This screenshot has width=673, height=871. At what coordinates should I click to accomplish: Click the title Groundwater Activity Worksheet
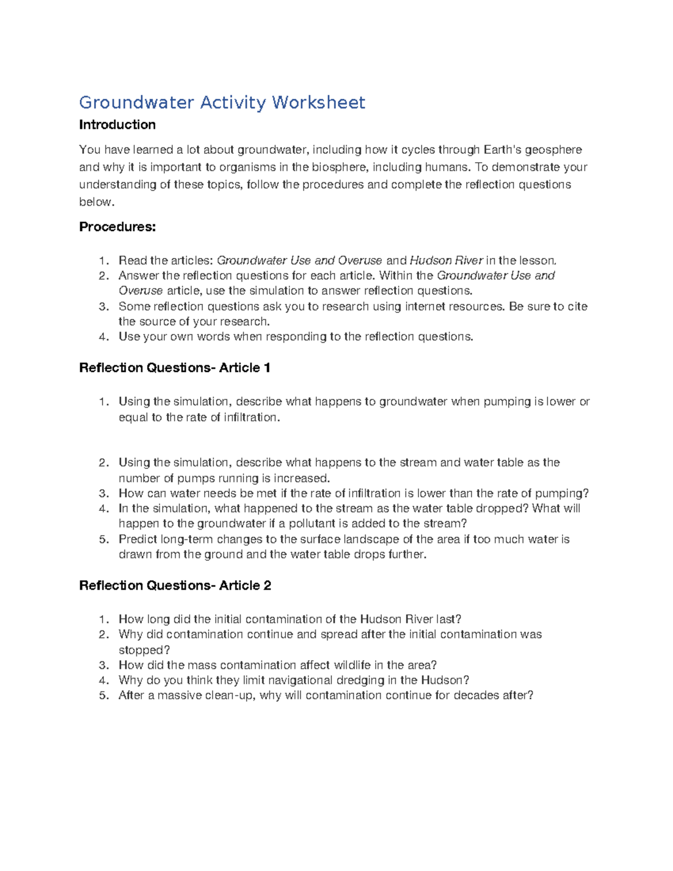(222, 103)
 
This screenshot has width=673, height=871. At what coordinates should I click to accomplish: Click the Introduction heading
(117, 125)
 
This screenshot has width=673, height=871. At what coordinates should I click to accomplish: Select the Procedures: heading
(117, 227)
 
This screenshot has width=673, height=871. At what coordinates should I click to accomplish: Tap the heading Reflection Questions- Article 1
(175, 368)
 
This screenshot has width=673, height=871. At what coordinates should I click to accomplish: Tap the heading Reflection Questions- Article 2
(175, 586)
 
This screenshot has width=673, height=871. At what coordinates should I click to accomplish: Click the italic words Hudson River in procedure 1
(446, 260)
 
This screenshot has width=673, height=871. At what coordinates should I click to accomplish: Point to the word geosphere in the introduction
(553, 150)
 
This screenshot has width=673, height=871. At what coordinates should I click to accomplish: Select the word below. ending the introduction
(96, 202)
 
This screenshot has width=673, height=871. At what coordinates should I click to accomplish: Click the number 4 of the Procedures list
(102, 337)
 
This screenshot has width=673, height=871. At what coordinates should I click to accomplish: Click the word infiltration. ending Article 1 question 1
(251, 417)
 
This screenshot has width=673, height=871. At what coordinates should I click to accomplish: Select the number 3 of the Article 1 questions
(102, 494)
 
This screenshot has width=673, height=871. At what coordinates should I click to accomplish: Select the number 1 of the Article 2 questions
(102, 619)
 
